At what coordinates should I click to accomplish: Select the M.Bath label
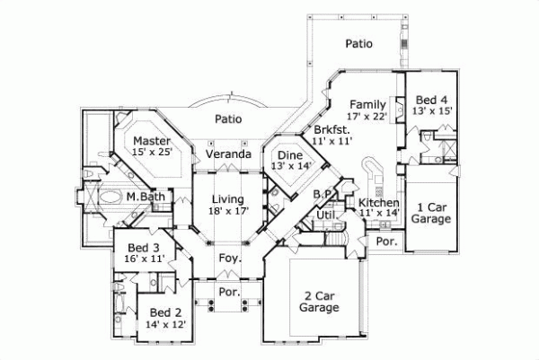point(144,197)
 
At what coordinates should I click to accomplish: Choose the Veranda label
point(227,154)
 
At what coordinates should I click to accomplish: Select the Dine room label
point(293,154)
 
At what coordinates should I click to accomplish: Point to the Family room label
point(367,103)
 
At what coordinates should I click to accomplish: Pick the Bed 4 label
point(434,99)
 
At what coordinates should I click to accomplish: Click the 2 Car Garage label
point(320,301)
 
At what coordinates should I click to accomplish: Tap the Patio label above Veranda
point(231,118)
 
